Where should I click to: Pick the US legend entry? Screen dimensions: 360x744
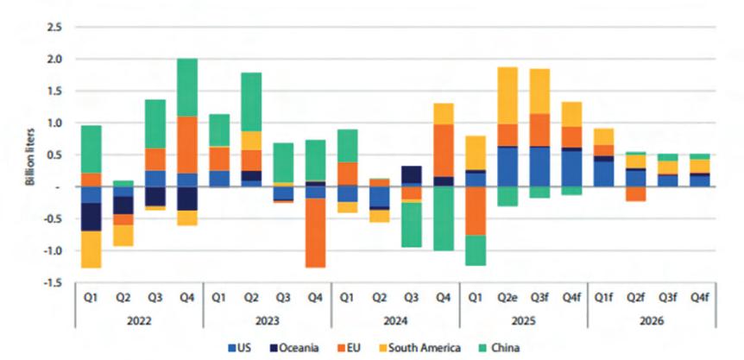pyautogui.click(x=250, y=347)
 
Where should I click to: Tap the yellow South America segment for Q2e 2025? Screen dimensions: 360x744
pyautogui.click(x=508, y=95)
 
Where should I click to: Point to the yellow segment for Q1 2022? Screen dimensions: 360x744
pyautogui.click(x=91, y=249)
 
